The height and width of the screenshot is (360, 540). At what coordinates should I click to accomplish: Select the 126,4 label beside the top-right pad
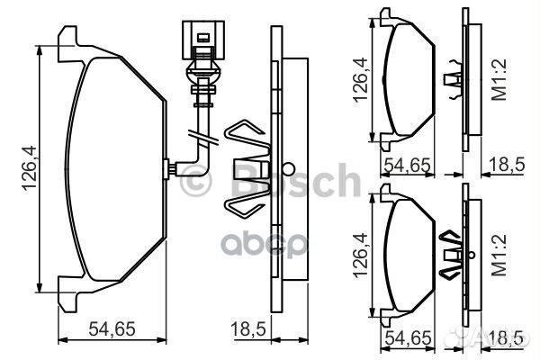362,82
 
